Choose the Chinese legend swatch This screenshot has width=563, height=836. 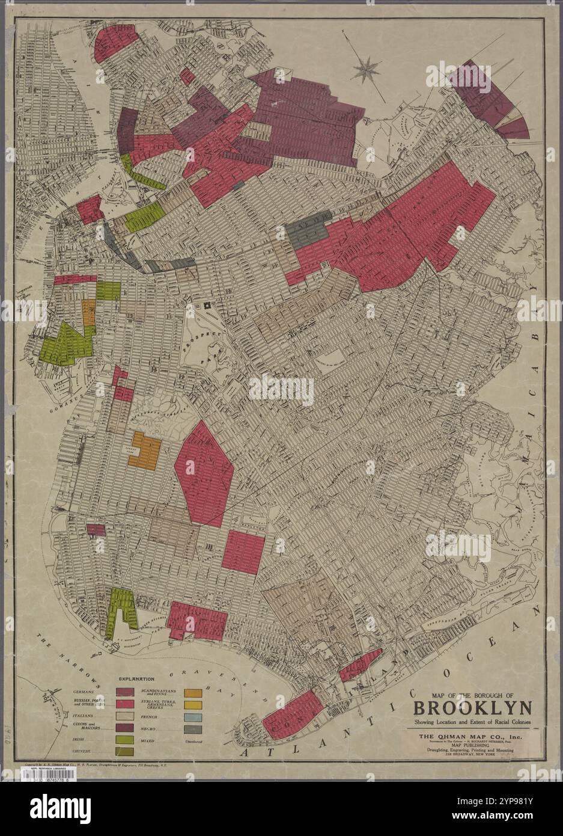124,752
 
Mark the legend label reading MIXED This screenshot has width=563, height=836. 149,740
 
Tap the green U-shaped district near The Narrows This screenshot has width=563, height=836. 120,610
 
